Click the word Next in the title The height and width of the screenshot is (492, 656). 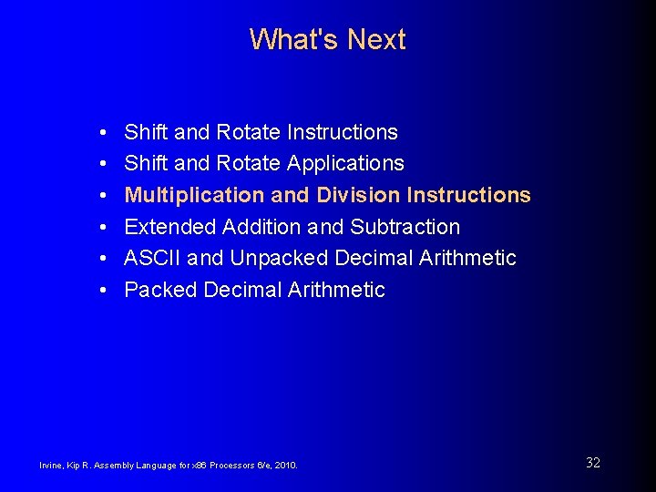(x=376, y=40)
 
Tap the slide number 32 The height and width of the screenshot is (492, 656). (x=593, y=463)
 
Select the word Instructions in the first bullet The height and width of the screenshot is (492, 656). (x=342, y=132)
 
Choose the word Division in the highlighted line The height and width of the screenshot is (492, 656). (x=358, y=195)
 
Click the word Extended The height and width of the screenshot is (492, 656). (x=166, y=227)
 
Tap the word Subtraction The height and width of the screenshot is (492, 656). (x=405, y=227)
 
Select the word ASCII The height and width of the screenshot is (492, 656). (x=152, y=259)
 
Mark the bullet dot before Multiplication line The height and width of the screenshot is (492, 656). (x=105, y=196)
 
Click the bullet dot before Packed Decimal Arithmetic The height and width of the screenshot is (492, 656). (x=105, y=291)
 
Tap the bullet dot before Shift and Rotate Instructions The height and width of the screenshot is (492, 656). (x=105, y=133)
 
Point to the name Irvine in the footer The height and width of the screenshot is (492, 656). (x=50, y=466)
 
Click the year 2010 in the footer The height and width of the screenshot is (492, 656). (x=285, y=466)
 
